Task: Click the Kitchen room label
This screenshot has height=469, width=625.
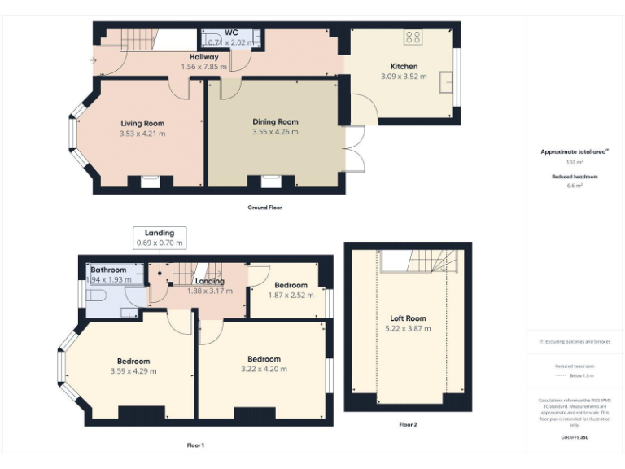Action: click(x=404, y=66)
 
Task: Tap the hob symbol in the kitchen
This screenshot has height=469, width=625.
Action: click(x=413, y=37)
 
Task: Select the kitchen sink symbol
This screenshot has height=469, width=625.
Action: click(x=446, y=82)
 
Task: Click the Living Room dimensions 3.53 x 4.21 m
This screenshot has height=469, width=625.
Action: click(x=142, y=134)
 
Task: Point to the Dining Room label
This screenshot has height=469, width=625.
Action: click(x=275, y=121)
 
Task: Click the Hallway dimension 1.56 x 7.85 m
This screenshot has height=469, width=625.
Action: click(x=203, y=67)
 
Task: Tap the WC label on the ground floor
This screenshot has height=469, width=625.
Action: click(x=231, y=33)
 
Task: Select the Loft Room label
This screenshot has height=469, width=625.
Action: click(x=408, y=318)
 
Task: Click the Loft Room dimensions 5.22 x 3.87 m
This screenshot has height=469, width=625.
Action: click(x=408, y=329)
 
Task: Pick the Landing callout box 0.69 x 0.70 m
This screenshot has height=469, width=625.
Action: click(x=160, y=238)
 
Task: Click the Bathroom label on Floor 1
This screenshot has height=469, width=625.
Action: click(x=108, y=270)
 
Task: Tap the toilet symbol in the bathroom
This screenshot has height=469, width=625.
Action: click(x=95, y=298)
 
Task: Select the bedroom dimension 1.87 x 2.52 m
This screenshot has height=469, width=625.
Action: click(x=290, y=295)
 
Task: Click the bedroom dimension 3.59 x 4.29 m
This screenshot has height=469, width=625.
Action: click(x=133, y=371)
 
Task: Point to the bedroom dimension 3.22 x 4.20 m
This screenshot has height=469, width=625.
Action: click(x=264, y=369)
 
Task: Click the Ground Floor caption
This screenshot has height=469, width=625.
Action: click(x=264, y=208)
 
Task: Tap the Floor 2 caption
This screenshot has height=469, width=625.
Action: click(x=408, y=424)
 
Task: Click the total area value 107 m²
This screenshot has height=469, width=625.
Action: click(x=574, y=162)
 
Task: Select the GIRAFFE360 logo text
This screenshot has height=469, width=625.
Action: click(x=574, y=438)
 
